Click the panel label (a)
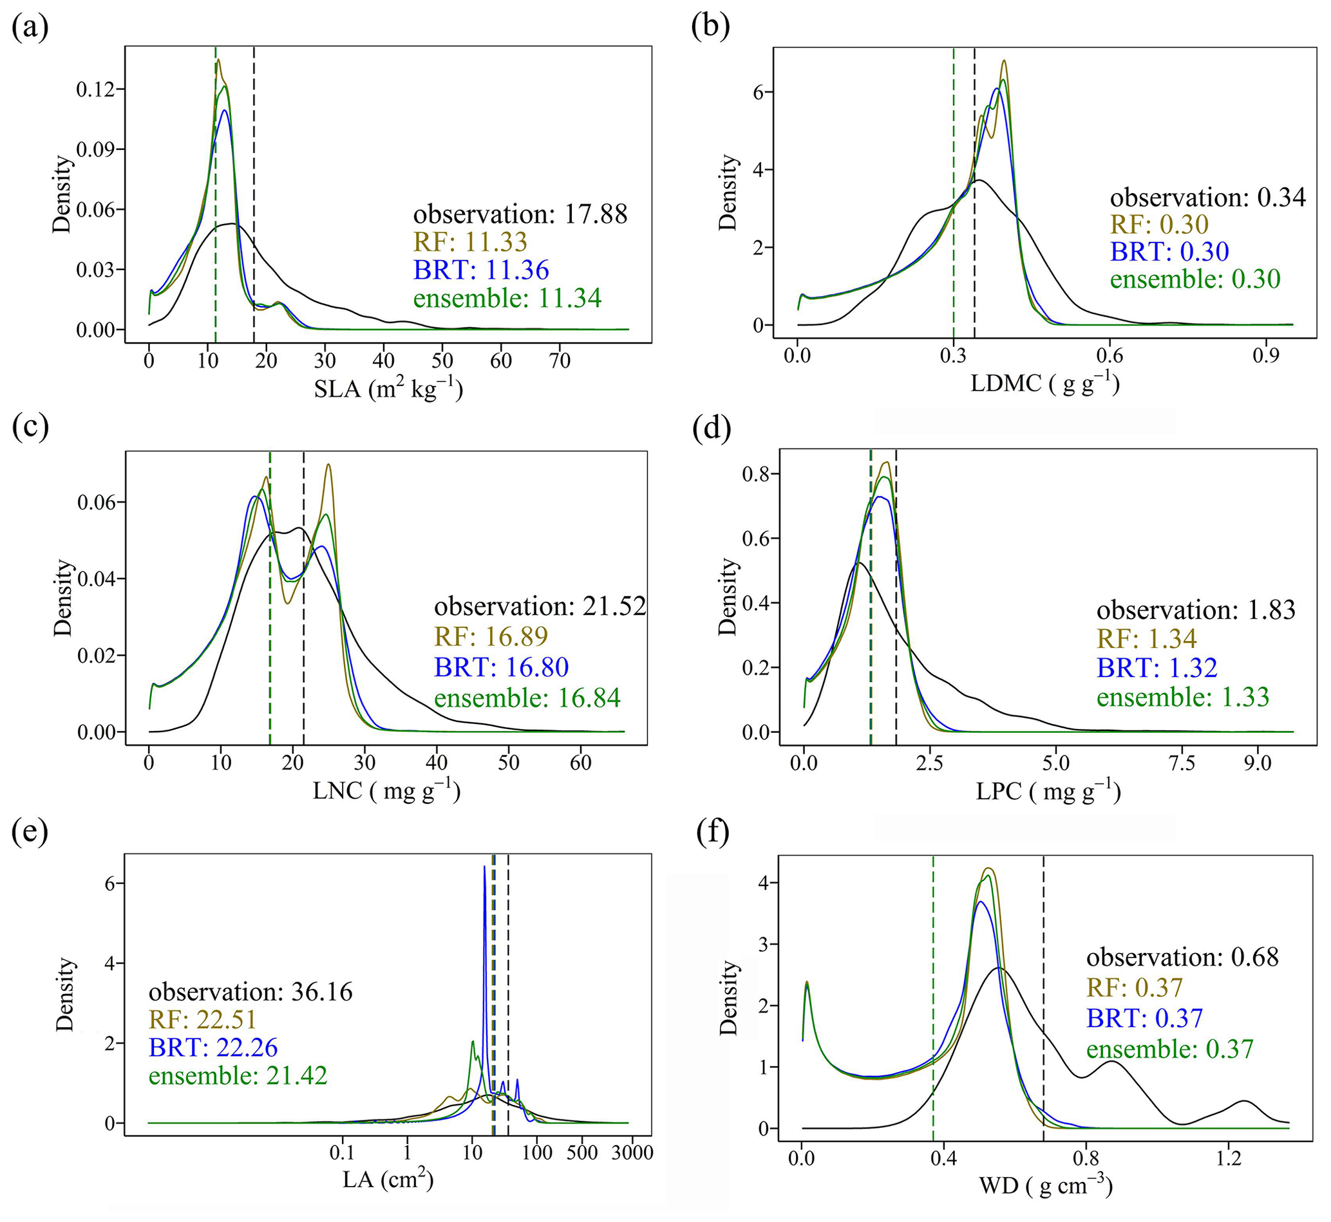pyautogui.click(x=30, y=28)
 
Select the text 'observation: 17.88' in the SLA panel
pyautogui.click(x=520, y=214)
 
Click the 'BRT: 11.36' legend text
pyautogui.click(x=481, y=270)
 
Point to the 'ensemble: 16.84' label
pyautogui.click(x=527, y=698)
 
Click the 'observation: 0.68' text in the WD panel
pyautogui.click(x=1182, y=957)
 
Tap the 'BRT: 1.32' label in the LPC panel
pyautogui.click(x=1156, y=668)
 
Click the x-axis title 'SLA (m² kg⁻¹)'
pyautogui.click(x=388, y=389)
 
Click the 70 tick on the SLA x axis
pyautogui.click(x=560, y=360)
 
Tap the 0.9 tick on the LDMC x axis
pyautogui.click(x=1265, y=356)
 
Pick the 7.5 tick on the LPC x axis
pyautogui.click(x=1182, y=763)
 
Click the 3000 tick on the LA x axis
pyautogui.click(x=632, y=1153)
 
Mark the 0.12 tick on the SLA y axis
pyautogui.click(x=95, y=89)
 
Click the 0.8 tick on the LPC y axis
pyautogui.click(x=756, y=474)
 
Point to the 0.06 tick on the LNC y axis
pyautogui.click(x=96, y=503)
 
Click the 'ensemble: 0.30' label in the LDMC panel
pyautogui.click(x=1194, y=279)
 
